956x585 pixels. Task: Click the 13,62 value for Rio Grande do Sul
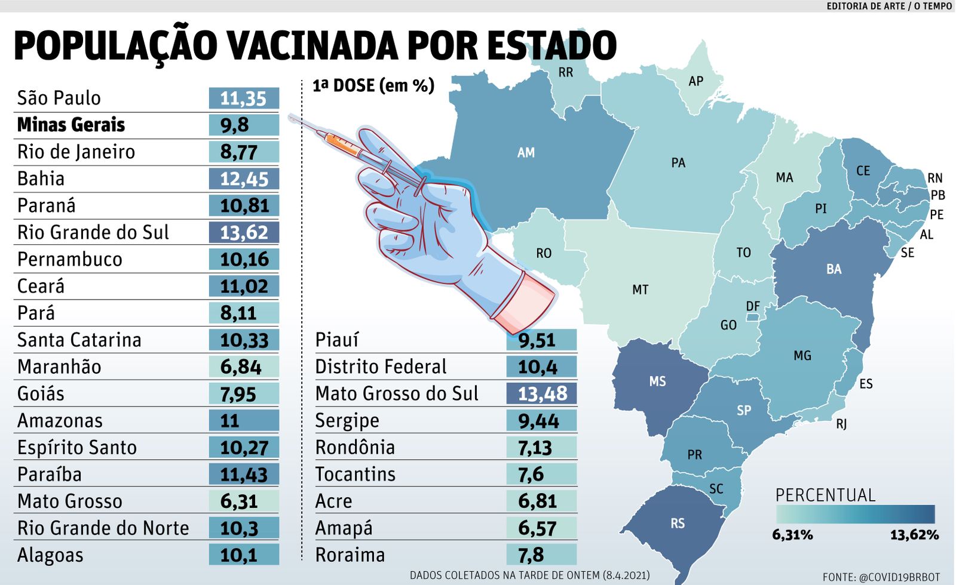[x=244, y=232]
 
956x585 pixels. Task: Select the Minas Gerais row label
[x=71, y=125]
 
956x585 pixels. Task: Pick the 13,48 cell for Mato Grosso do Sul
[x=541, y=394]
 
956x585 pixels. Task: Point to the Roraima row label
[x=350, y=555]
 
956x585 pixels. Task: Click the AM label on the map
[x=526, y=153]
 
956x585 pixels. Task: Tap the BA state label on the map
[x=834, y=269]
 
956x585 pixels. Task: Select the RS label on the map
[x=677, y=524]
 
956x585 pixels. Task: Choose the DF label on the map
[x=753, y=306]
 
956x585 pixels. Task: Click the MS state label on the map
[x=657, y=381]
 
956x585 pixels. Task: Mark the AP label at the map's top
[x=695, y=81]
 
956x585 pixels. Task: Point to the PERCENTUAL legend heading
[x=825, y=495]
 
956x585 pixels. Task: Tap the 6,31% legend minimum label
[x=792, y=535]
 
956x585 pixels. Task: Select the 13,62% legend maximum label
[x=914, y=535]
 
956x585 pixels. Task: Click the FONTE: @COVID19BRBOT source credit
[x=881, y=577]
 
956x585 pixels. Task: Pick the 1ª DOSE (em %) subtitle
[x=373, y=86]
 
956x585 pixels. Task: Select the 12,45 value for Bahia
[x=244, y=179]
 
